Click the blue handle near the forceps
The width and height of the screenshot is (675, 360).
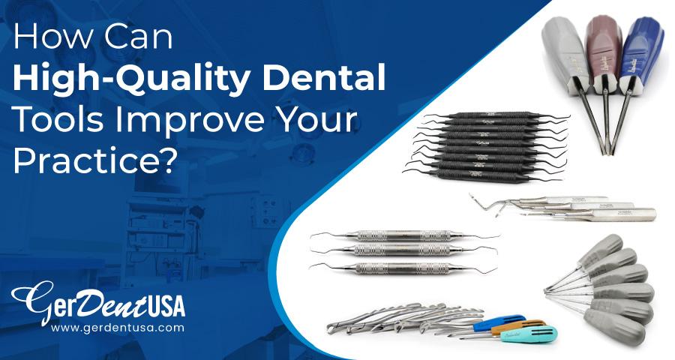(x=480, y=323)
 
